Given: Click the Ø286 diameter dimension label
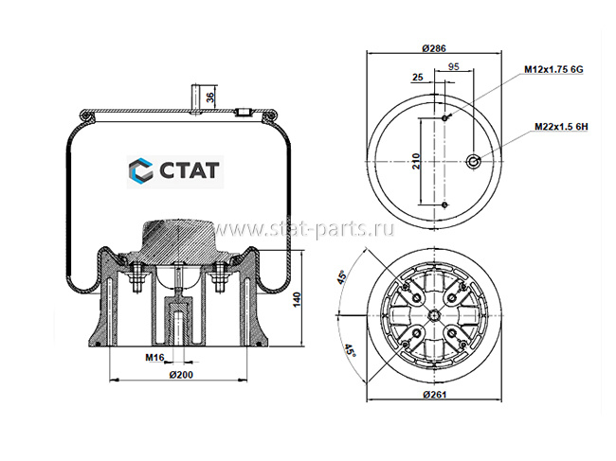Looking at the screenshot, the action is tap(434, 48).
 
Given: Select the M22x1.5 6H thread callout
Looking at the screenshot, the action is tap(561, 127).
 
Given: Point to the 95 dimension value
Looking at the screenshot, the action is tap(454, 66).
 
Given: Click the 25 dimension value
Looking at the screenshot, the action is tap(418, 77).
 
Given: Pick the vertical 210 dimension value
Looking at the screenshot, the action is tap(416, 161).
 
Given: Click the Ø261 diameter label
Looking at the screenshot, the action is tap(435, 395).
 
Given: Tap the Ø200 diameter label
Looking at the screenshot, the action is tap(181, 375).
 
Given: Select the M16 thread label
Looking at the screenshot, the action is tap(154, 358).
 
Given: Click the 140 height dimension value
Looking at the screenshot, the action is tap(297, 300).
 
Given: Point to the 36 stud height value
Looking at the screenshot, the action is tap(210, 97).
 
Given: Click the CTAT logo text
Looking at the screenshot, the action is tap(190, 170).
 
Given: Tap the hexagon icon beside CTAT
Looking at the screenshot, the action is tap(140, 170).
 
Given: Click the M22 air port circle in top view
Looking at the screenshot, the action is tap(474, 161).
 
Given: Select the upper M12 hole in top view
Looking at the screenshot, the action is tap(444, 117).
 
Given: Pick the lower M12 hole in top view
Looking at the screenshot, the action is tap(444, 204).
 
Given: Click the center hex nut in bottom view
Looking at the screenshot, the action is tap(434, 314).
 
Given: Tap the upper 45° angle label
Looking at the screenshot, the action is tap(342, 277).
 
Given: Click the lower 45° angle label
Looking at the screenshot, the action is tap(350, 350).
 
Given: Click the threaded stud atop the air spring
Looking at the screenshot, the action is tap(195, 99).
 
